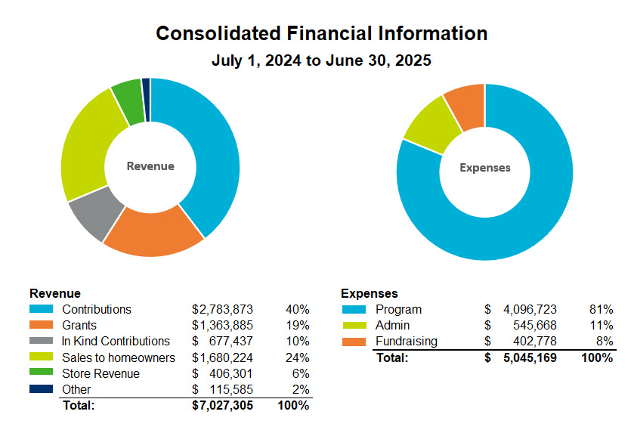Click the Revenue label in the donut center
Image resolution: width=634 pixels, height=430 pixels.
coord(150,166)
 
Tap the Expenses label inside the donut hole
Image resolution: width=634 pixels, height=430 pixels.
coord(485,168)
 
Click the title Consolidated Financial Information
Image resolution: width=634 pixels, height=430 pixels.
coord(321,34)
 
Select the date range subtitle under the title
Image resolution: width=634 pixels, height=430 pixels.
coord(321,60)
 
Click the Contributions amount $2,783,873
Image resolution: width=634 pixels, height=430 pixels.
coord(222,309)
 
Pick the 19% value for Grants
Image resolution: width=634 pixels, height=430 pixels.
coord(297,325)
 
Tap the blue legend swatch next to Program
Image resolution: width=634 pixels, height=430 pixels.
coord(354,309)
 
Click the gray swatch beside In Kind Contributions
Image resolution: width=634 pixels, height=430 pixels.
coord(41,341)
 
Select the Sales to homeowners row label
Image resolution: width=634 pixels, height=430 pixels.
coord(119,357)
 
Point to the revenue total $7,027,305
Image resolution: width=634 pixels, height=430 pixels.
coord(222,406)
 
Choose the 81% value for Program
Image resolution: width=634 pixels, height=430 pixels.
coord(601,309)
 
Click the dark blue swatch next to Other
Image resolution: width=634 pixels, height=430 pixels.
coord(41,389)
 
